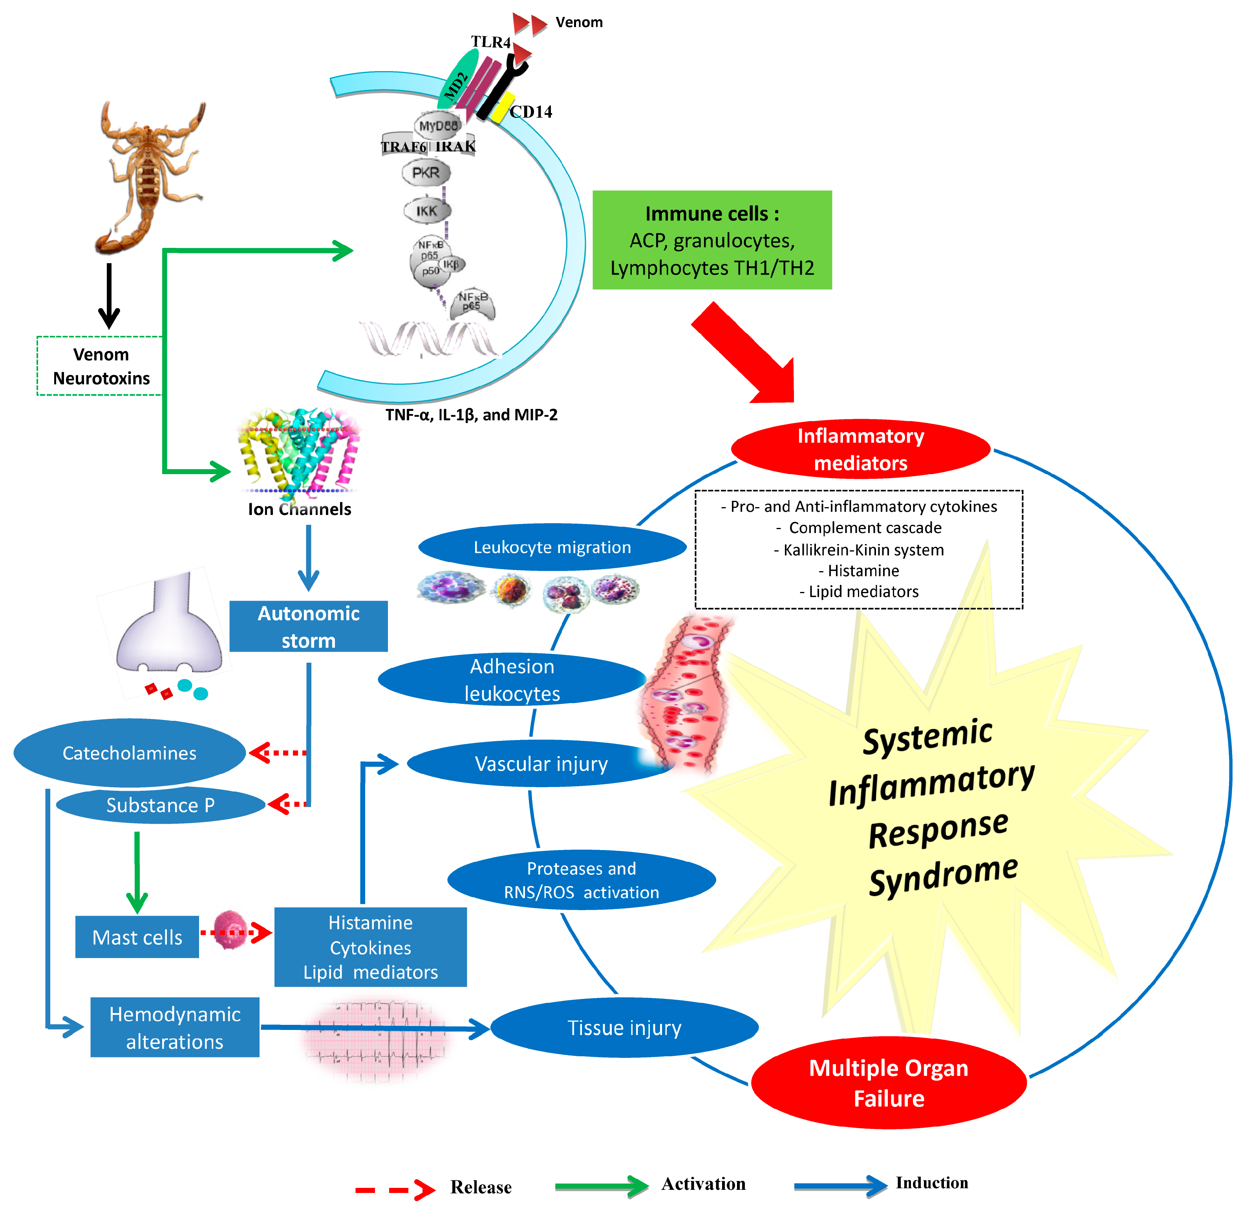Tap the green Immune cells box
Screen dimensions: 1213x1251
pyautogui.click(x=711, y=240)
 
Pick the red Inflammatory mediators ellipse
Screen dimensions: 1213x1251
pyautogui.click(x=860, y=449)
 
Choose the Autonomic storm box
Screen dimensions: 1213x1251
pyautogui.click(x=308, y=626)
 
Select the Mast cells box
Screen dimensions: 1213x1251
pyautogui.click(x=137, y=936)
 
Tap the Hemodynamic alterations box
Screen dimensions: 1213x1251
pyautogui.click(x=174, y=1027)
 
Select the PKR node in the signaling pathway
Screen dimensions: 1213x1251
pyautogui.click(x=426, y=172)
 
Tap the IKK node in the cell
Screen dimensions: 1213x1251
pyautogui.click(x=427, y=211)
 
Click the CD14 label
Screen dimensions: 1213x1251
pyautogui.click(x=530, y=112)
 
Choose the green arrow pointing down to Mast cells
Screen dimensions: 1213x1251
pyautogui.click(x=137, y=871)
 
